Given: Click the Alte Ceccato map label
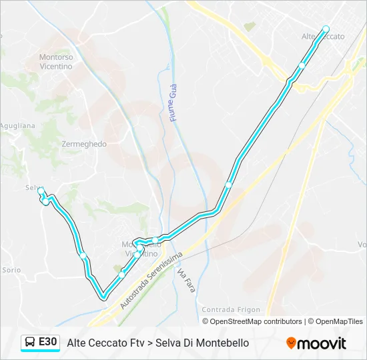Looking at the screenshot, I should tap(324, 37).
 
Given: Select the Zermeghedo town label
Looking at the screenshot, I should tap(83, 144).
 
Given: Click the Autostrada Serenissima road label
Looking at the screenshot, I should tap(151, 279).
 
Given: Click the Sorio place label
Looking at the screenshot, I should tap(11, 270).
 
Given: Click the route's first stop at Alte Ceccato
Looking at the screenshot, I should tap(326, 29).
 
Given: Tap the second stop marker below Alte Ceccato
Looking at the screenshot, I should tap(302, 65).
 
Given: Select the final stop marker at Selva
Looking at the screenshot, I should tap(41, 191).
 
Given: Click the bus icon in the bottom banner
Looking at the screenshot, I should tap(30, 343).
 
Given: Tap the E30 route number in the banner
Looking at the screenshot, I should tap(47, 342).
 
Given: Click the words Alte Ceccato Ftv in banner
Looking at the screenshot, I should tap(105, 343).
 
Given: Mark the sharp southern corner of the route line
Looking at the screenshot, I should tap(103, 297).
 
